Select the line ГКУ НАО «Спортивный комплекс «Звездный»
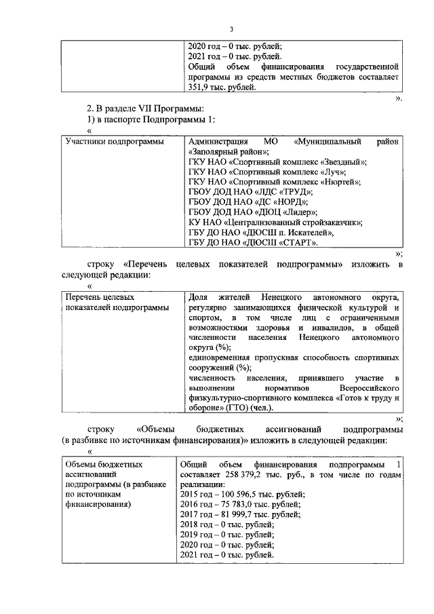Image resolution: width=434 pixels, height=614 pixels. pos(277,161)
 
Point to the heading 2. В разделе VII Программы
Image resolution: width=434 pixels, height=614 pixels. pos(145,109)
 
